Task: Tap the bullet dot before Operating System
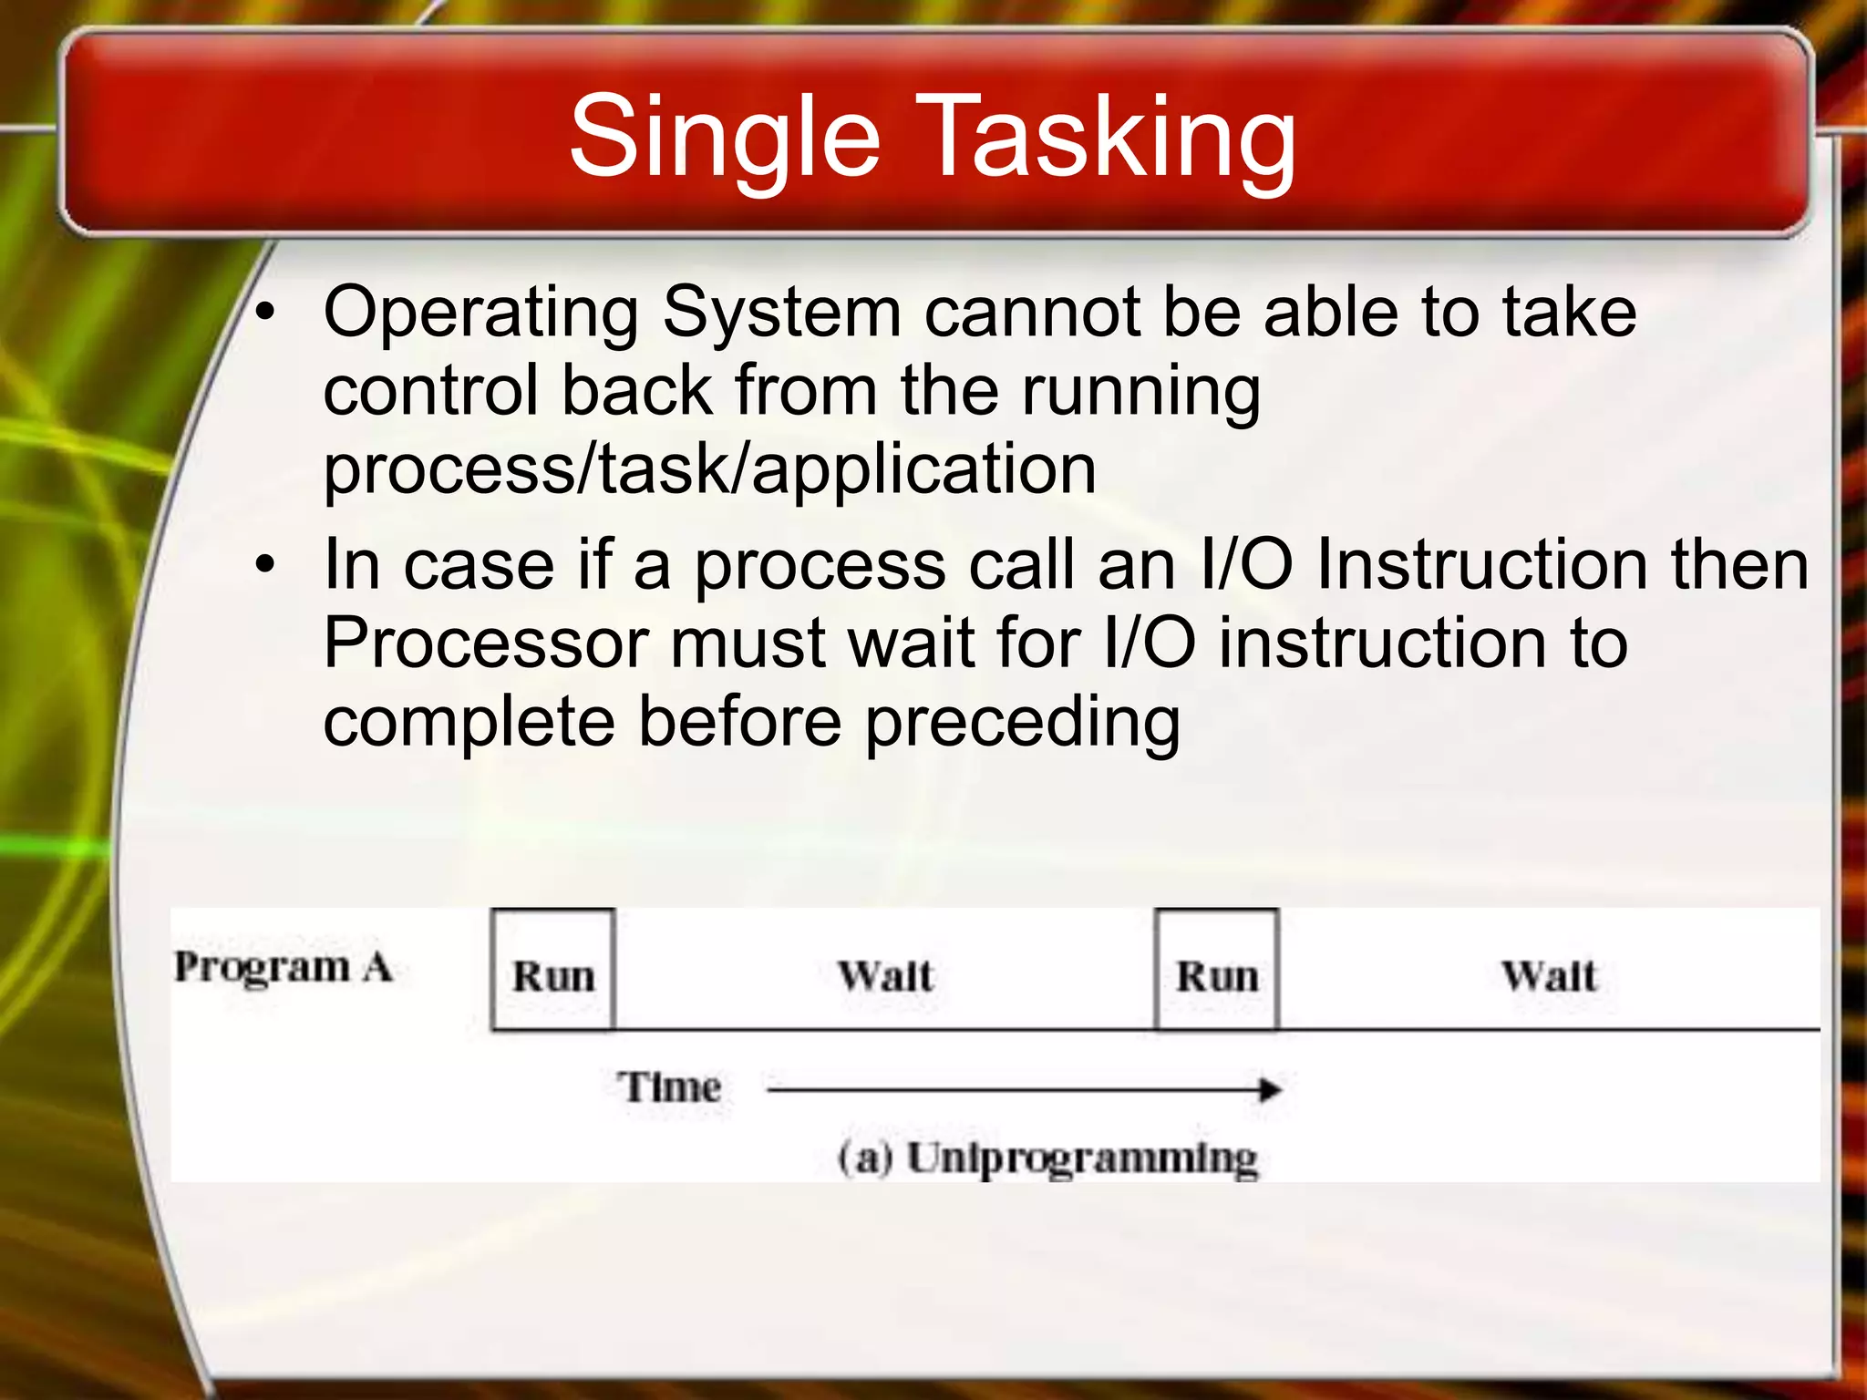264,314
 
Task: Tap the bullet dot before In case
264,565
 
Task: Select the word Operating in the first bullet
481,314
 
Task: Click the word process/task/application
709,470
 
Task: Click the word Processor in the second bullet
486,643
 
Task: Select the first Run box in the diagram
552,971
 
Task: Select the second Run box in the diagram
1216,971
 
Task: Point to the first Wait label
885,976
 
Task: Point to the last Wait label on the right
1549,976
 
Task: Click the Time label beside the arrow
670,1087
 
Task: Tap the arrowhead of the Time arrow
1270,1089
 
